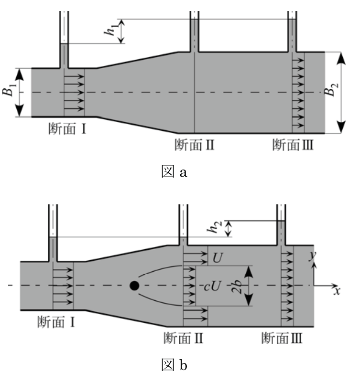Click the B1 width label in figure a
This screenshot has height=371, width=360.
[x=9, y=89]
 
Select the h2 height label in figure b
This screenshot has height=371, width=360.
[x=214, y=227]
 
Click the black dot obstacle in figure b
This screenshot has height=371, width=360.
[x=134, y=286]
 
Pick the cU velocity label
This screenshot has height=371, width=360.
[x=212, y=286]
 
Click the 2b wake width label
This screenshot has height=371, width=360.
[x=237, y=286]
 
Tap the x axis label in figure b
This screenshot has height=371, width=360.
[x=337, y=291]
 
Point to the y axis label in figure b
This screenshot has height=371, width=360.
[x=313, y=255]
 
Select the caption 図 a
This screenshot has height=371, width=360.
[x=175, y=171]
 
